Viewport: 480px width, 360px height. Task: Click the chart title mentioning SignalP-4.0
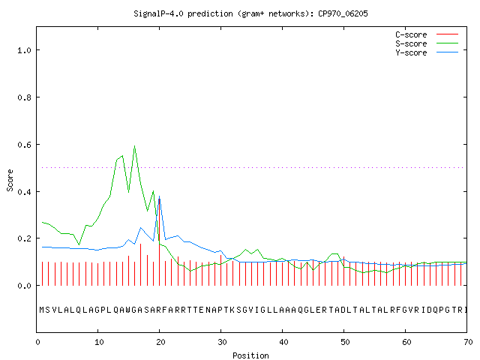tap(250, 13)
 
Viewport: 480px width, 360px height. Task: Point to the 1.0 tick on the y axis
tap(24, 50)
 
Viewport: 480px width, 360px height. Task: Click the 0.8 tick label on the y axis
tap(24, 97)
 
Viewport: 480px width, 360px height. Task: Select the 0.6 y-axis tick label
tap(24, 145)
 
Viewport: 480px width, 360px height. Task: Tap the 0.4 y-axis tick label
tap(24, 192)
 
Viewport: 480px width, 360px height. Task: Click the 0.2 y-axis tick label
tap(24, 238)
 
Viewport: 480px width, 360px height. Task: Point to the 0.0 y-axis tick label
tap(24, 286)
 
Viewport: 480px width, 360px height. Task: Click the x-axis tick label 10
tap(99, 342)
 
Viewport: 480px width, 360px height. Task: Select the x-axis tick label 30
tap(222, 342)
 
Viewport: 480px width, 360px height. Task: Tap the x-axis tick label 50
tap(345, 342)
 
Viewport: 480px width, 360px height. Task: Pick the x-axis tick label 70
tap(468, 342)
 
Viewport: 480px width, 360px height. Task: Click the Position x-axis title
tap(250, 355)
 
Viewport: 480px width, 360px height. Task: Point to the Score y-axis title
tap(10, 180)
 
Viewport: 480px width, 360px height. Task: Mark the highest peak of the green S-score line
tap(135, 146)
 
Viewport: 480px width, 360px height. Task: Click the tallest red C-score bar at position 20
tap(159, 241)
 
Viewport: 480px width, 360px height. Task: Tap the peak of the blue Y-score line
tap(159, 196)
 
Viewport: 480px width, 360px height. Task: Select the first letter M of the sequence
tap(42, 310)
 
